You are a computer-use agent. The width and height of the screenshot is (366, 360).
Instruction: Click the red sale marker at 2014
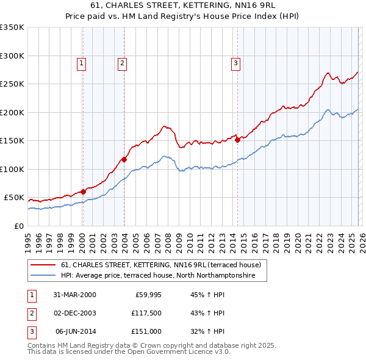[x=237, y=140]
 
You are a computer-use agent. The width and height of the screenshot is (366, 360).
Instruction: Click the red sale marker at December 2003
[x=124, y=159]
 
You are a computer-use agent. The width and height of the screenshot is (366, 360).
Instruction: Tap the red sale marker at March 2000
[x=84, y=192]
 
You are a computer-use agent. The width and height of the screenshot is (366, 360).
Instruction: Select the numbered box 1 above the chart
[x=82, y=62]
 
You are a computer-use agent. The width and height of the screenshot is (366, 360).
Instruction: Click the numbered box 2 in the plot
[x=122, y=62]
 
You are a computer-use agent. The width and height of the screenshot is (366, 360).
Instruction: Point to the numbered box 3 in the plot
[x=235, y=62]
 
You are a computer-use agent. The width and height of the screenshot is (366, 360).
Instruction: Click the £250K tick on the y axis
[x=12, y=84]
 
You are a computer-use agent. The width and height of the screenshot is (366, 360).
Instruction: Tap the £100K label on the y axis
[x=12, y=169]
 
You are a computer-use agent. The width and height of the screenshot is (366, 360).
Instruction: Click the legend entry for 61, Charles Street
[x=161, y=265]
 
